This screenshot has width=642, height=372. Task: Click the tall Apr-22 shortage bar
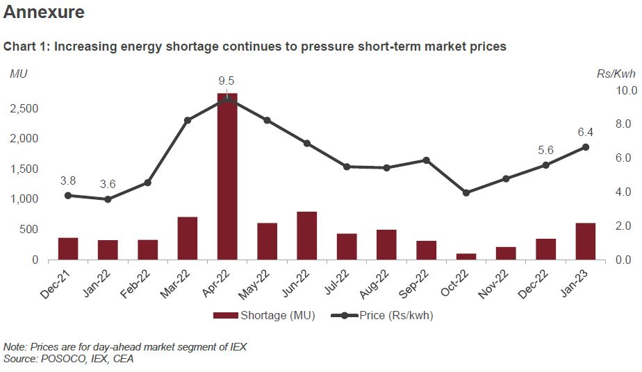coord(227,176)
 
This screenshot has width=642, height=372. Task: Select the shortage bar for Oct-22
coord(466,256)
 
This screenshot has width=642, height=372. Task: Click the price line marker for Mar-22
coord(188,120)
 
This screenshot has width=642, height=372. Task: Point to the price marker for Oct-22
coord(466,192)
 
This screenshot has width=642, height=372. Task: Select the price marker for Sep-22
coord(427,160)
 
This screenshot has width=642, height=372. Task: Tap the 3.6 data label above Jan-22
coord(108,184)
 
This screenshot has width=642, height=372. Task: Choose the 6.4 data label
coord(586,132)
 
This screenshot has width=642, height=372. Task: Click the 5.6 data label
coord(545,150)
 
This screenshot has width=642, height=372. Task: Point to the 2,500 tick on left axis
coord(24,108)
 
